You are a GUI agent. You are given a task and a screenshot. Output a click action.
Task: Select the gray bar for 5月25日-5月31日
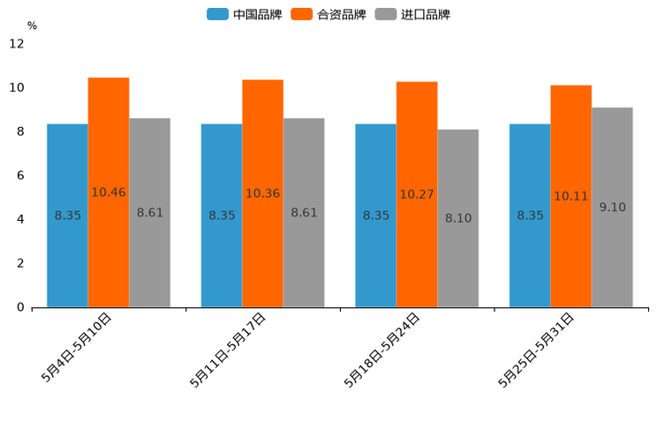tap(612, 256)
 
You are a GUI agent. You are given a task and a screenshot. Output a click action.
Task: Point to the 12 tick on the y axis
tap(17, 44)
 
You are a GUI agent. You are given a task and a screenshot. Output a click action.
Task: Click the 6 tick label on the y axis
tap(20, 176)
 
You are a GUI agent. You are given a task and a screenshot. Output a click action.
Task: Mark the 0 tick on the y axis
tap(20, 307)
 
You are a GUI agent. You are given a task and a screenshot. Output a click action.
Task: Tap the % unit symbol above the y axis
tap(32, 26)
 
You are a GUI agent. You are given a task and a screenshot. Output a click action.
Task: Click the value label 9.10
tap(612, 208)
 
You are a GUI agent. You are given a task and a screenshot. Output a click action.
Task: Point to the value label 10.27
tap(417, 194)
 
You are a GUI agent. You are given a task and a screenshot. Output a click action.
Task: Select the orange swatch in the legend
tap(302, 14)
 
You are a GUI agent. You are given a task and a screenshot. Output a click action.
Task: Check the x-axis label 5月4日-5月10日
tap(76, 348)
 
